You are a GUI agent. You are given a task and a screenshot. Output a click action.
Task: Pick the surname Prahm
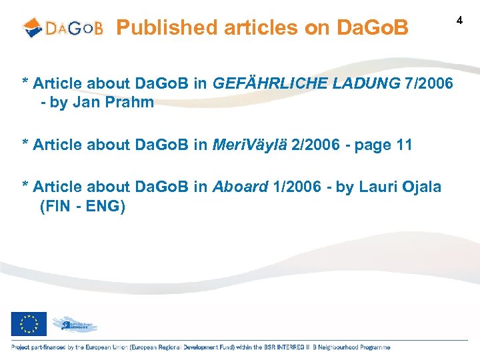point(131,103)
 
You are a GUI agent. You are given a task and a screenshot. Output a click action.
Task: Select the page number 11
point(404,145)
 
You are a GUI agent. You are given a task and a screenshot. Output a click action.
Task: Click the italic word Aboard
point(240,187)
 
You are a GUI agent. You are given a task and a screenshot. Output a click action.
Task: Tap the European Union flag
point(29,325)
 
